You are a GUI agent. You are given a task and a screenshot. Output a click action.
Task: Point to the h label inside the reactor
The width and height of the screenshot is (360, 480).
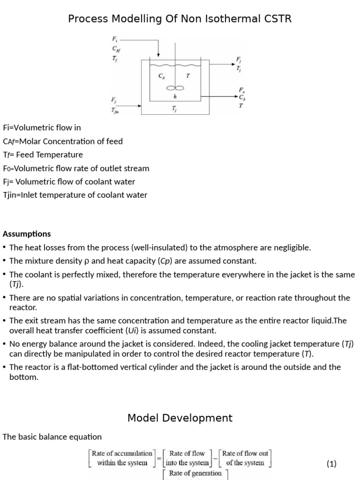175,97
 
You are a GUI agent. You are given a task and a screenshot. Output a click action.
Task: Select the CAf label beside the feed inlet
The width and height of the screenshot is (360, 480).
115,48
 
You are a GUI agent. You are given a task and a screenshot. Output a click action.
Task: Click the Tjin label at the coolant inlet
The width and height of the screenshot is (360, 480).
115,111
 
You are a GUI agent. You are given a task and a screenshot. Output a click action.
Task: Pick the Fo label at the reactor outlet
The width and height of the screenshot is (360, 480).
241,90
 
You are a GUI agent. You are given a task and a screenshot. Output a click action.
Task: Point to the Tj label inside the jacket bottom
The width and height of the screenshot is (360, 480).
174,109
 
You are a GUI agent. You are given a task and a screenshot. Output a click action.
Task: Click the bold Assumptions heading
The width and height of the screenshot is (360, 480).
27,234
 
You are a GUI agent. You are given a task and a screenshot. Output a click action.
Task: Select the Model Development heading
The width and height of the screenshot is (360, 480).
180,418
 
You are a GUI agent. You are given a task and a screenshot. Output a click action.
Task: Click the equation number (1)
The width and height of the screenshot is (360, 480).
331,464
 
